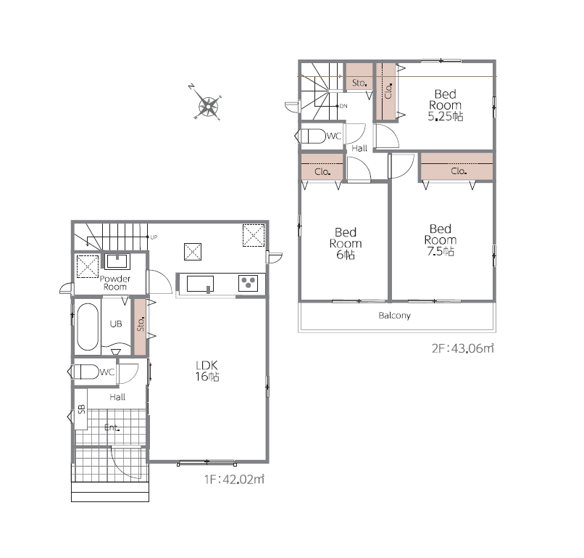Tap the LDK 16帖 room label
(207, 371)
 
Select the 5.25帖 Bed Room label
(445, 105)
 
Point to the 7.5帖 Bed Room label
(441, 240)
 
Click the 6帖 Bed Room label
(346, 244)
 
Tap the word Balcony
(394, 316)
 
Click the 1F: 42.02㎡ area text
(234, 479)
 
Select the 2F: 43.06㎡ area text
(462, 348)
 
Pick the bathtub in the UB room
(88, 327)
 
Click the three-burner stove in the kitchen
(248, 283)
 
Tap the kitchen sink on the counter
(201, 284)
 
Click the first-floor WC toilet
(83, 372)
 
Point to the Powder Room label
(114, 283)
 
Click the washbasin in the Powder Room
(117, 261)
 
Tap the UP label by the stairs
(154, 237)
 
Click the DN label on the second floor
(343, 106)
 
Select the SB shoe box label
(82, 409)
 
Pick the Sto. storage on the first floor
(140, 327)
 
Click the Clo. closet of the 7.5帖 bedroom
(457, 167)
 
